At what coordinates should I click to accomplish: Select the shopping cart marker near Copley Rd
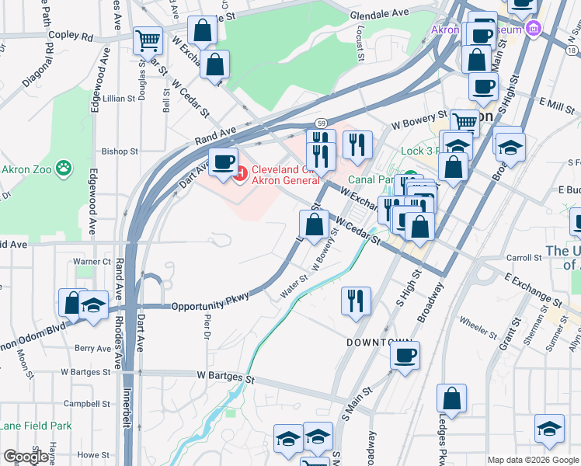click(148, 40)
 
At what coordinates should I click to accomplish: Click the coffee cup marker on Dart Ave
click(224, 162)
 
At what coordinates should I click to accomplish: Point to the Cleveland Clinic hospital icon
click(239, 172)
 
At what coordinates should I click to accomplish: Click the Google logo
click(26, 457)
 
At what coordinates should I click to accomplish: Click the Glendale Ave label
click(379, 13)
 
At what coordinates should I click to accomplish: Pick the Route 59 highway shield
click(320, 123)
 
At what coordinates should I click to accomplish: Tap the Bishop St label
click(120, 151)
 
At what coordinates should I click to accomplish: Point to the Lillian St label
click(120, 99)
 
